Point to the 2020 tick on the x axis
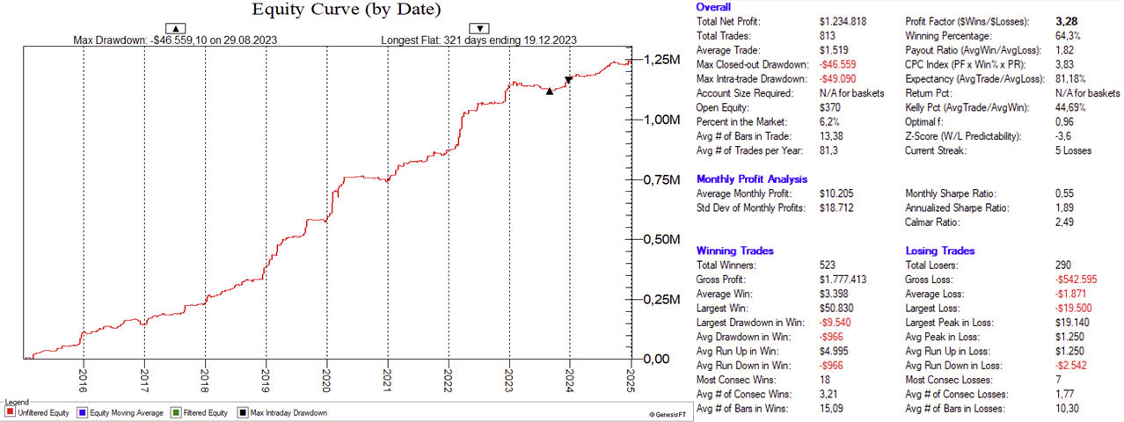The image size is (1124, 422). click(326, 376)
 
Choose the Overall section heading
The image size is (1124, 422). click(713, 7)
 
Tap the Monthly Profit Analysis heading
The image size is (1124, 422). click(751, 179)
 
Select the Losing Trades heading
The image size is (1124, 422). click(940, 251)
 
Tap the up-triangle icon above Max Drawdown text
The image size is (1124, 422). click(175, 28)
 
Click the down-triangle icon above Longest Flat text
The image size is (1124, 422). click(480, 28)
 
